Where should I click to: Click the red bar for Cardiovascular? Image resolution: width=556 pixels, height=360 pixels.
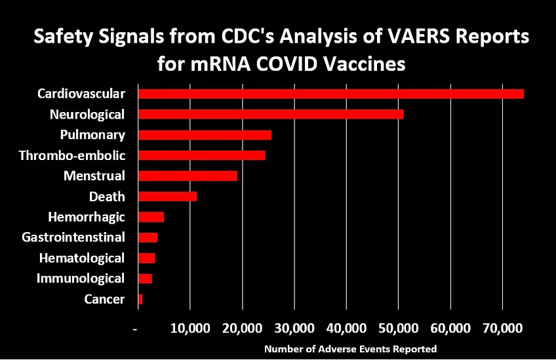(x=330, y=94)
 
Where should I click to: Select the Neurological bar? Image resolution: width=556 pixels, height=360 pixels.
(x=270, y=114)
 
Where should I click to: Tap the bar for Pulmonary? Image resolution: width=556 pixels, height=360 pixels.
(x=204, y=135)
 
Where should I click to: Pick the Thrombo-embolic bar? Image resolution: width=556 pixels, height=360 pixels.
(x=201, y=155)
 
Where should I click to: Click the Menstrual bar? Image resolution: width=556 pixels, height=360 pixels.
(x=187, y=176)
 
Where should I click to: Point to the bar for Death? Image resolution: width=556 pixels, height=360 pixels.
(x=167, y=196)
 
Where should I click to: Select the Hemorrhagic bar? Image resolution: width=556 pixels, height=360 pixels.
(x=151, y=217)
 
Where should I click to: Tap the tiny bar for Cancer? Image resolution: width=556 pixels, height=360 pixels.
(x=140, y=299)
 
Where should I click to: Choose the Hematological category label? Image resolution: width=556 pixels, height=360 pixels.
(x=81, y=258)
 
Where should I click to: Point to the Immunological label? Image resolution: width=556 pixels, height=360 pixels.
(x=80, y=278)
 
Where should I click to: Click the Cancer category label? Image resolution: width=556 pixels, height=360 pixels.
(x=104, y=299)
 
